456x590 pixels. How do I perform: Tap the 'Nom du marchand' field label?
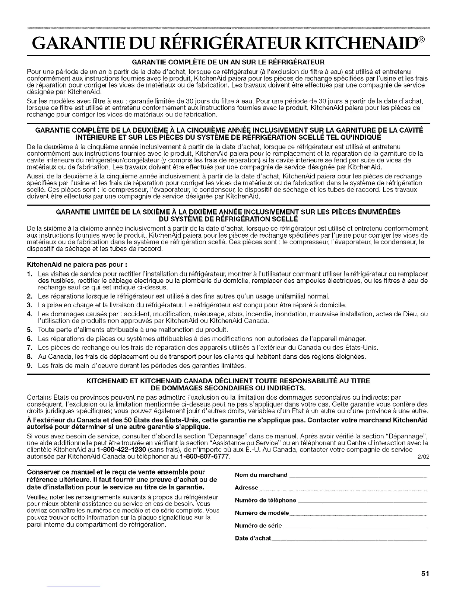point(261,475)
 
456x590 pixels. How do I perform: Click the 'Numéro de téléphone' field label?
point(266,500)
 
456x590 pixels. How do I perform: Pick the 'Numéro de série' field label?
point(259,526)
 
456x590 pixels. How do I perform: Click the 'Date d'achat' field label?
point(253,538)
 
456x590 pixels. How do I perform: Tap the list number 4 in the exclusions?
point(29,314)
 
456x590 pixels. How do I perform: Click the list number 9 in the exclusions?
point(29,366)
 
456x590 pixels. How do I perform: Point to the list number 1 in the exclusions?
point(29,274)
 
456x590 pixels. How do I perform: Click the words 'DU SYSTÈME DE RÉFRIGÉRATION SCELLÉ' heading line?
point(228,219)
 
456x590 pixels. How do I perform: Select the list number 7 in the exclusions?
point(29,348)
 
